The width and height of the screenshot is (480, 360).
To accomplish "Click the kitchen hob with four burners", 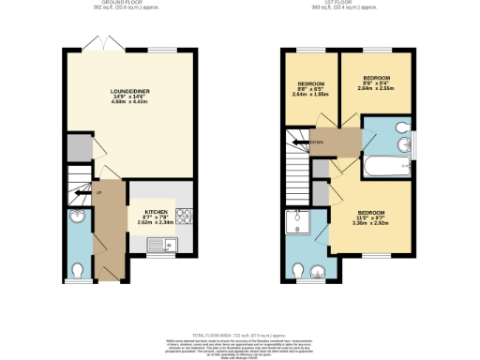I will pyautogui.click(x=184, y=217).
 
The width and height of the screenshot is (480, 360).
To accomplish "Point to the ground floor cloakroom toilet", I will pyautogui.click(x=80, y=269).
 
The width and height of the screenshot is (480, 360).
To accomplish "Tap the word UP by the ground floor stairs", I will pyautogui.click(x=97, y=192).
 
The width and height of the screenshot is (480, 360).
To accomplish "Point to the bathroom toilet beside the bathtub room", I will pyautogui.click(x=401, y=127).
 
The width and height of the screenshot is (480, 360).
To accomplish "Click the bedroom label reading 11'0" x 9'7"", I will pyautogui.click(x=369, y=217).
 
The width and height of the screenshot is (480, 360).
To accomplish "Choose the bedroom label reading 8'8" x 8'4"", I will pyautogui.click(x=376, y=82).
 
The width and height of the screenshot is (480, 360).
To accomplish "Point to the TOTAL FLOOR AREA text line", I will pyautogui.click(x=240, y=336).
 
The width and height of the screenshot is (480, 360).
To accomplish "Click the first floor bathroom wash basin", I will pyautogui.click(x=404, y=145).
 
